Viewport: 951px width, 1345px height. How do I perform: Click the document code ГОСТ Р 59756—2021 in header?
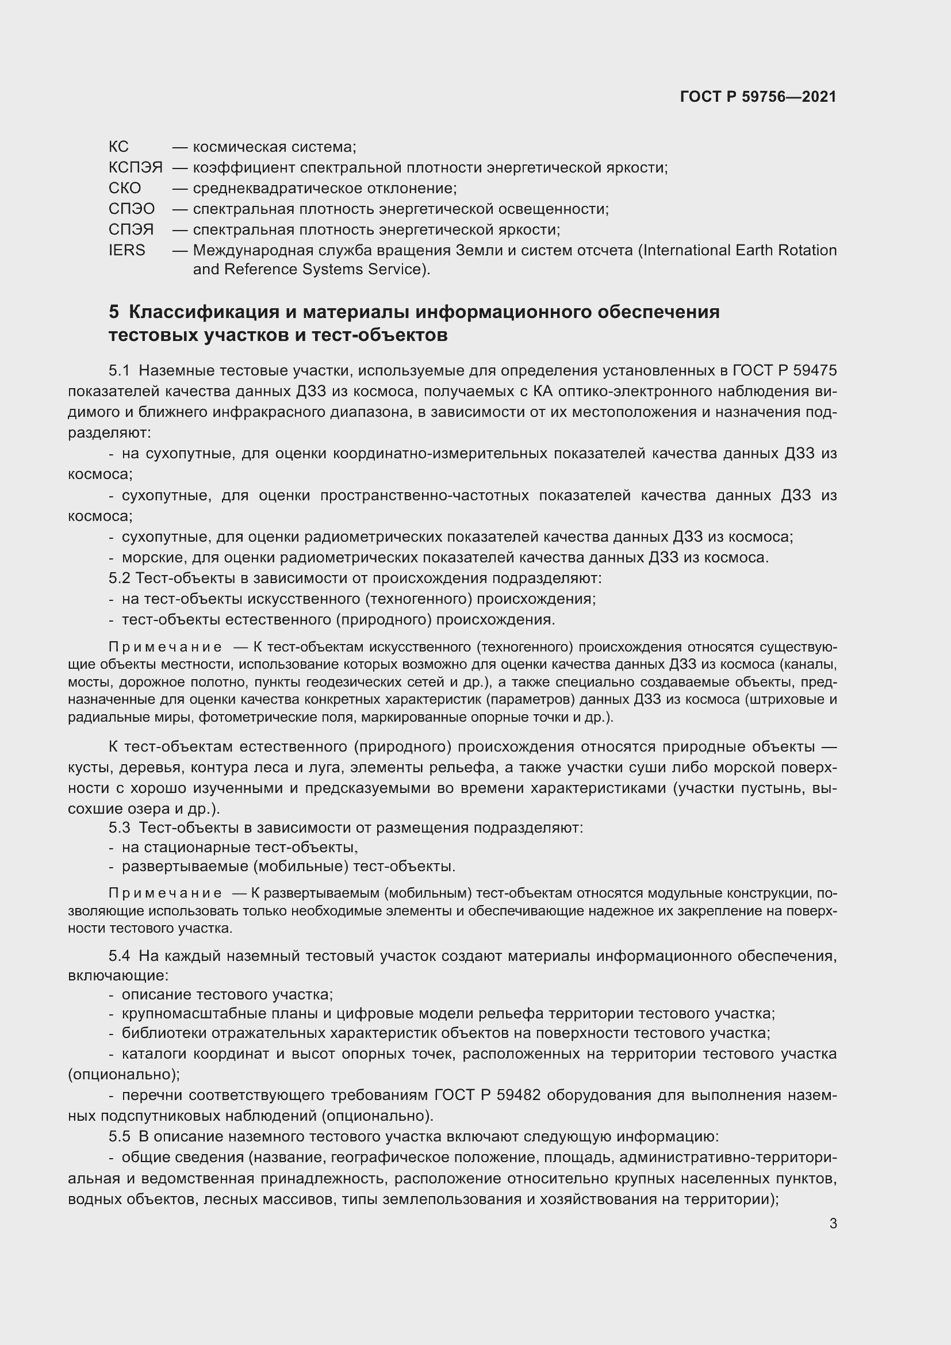coord(758,97)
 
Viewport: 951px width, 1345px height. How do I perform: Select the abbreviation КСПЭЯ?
coord(135,167)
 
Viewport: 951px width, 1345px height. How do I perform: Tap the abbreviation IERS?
coord(126,250)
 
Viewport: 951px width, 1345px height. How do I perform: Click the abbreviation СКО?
coord(125,188)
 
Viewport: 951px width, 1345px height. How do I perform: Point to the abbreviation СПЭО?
coord(132,209)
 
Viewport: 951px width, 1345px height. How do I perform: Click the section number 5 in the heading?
coord(114,312)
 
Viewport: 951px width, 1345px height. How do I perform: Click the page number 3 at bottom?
coord(833,1224)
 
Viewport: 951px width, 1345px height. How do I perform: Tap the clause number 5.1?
coord(119,371)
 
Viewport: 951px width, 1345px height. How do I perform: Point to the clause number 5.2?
coord(119,578)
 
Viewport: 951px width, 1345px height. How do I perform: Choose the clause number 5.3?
coord(119,827)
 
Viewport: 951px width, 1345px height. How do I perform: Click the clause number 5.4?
coord(119,956)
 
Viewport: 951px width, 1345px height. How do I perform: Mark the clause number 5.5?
coord(119,1136)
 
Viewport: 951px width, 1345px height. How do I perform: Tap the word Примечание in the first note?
coord(165,647)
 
